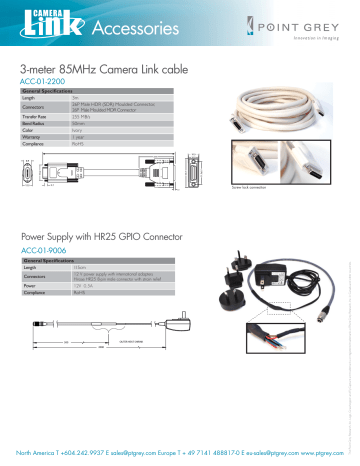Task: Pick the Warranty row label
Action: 33,136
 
